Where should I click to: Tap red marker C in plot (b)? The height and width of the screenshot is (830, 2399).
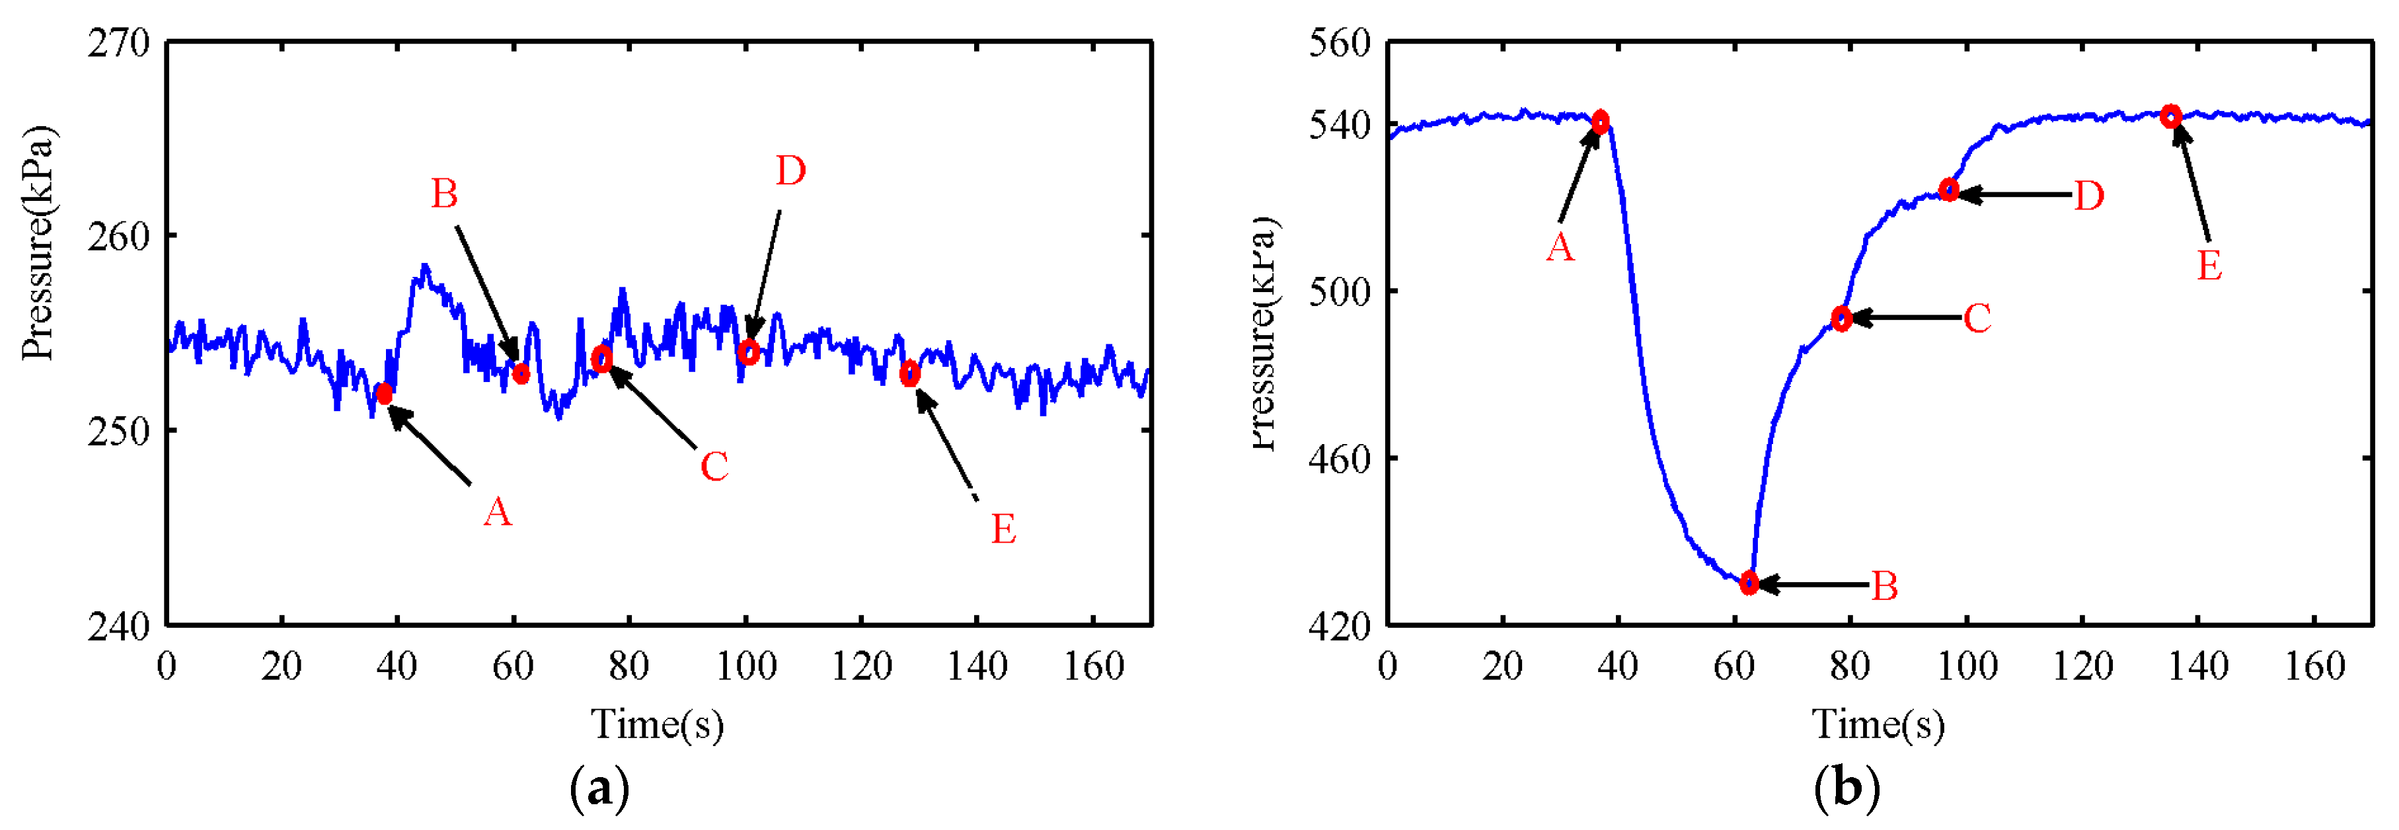tap(1841, 319)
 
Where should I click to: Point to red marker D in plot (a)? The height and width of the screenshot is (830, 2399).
tap(748, 352)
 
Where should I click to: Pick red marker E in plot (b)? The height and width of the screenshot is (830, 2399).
tap(2171, 116)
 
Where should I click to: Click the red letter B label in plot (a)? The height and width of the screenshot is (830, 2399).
tap(444, 195)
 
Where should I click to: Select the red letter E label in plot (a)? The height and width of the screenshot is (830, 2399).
tap(1003, 529)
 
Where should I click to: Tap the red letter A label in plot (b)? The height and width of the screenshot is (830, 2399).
tap(1560, 248)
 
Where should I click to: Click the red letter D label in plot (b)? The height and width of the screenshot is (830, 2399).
tap(2089, 196)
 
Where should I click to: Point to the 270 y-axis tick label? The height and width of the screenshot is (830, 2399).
tap(118, 43)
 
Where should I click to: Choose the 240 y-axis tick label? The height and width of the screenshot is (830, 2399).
tap(118, 626)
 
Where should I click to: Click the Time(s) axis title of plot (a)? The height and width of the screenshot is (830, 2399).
tap(658, 724)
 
